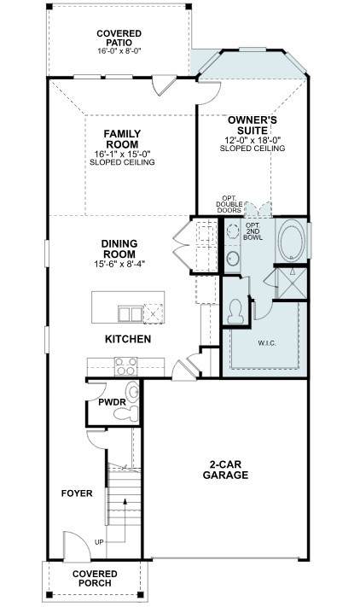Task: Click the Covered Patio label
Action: tap(119, 38)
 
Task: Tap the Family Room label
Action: tap(122, 139)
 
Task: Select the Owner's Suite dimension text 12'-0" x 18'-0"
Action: tap(253, 140)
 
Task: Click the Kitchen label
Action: tap(128, 339)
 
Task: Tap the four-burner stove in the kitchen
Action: tap(126, 366)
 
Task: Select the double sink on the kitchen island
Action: tap(130, 313)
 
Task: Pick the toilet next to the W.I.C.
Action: tap(235, 312)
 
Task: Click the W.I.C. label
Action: tap(267, 343)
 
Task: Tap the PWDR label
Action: tap(112, 403)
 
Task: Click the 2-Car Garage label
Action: tap(225, 470)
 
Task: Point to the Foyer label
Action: tap(77, 493)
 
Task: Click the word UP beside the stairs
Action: tap(99, 542)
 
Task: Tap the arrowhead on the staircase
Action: tap(125, 501)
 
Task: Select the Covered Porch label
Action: tap(95, 578)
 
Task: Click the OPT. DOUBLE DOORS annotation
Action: tap(229, 204)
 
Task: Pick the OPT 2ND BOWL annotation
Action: tap(253, 231)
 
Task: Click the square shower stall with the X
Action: tap(291, 283)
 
